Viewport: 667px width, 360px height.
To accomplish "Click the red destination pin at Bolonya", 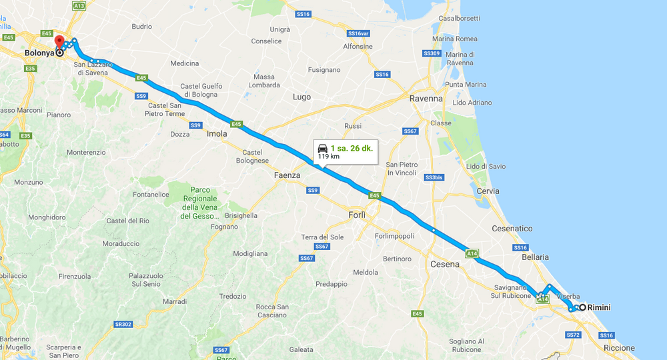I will pyautogui.click(x=59, y=42).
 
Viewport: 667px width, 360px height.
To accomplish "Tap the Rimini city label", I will pyautogui.click(x=600, y=307).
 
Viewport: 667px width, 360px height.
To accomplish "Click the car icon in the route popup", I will pyautogui.click(x=323, y=148).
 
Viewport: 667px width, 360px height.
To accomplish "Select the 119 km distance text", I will pyautogui.click(x=328, y=157).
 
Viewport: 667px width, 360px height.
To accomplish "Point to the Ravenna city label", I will pyautogui.click(x=426, y=99).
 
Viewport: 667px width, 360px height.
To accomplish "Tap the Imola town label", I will pyautogui.click(x=216, y=133).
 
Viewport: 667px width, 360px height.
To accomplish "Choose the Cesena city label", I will pyautogui.click(x=445, y=264).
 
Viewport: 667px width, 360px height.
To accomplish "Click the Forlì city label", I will pyautogui.click(x=358, y=215).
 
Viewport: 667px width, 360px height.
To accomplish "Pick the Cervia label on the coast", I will pyautogui.click(x=488, y=191).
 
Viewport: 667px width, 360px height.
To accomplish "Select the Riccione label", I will pyautogui.click(x=619, y=348).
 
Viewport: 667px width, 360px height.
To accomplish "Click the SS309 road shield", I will pyautogui.click(x=432, y=53).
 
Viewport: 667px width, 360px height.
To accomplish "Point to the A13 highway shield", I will pyautogui.click(x=79, y=5).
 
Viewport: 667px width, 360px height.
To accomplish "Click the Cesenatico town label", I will pyautogui.click(x=513, y=229).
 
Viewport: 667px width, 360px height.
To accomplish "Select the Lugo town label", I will pyautogui.click(x=301, y=97).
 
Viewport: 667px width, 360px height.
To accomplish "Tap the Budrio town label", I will pyautogui.click(x=142, y=27).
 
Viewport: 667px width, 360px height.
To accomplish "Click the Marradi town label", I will pyautogui.click(x=174, y=302).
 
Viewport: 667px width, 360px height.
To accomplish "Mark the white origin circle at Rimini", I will pyautogui.click(x=582, y=307).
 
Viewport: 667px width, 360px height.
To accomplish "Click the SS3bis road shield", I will pyautogui.click(x=434, y=177).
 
